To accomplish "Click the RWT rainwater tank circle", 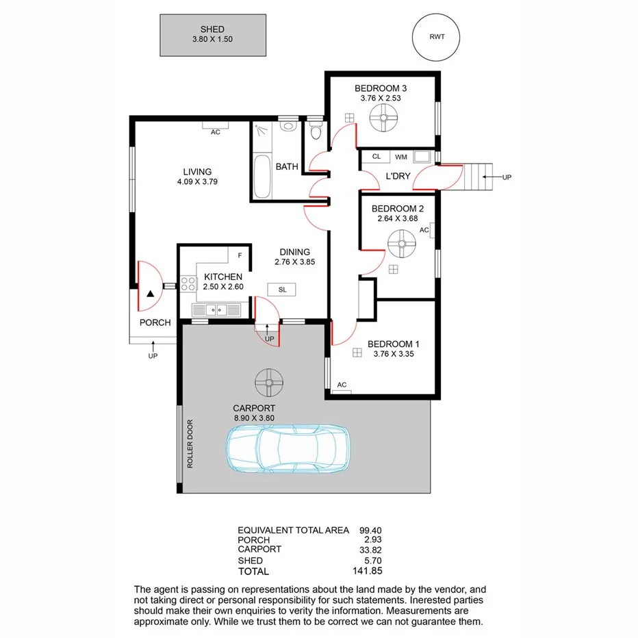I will [436, 38].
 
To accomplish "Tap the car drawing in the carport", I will [288, 449].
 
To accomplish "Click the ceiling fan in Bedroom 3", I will [383, 122].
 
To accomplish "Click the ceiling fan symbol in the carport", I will [268, 382].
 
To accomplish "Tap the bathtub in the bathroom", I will [261, 177].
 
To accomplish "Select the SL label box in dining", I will [282, 290].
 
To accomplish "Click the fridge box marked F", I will [240, 255].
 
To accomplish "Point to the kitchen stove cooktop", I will [188, 284].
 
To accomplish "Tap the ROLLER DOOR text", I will [192, 444].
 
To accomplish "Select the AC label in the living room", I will [215, 131].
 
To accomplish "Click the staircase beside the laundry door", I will [477, 177].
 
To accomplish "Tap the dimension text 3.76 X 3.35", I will [393, 355].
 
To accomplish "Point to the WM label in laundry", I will [400, 157].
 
